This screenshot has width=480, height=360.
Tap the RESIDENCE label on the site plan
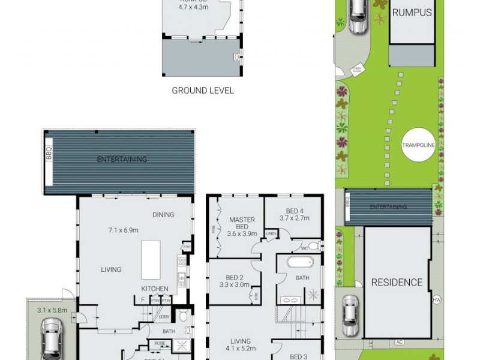coord(396,282)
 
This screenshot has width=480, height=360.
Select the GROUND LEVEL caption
coord(203,91)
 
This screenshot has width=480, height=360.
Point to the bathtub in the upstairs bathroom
coord(298,263)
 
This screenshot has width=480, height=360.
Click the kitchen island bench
coord(151,260)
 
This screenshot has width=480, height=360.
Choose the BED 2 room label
coord(234,277)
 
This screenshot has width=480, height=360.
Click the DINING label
coord(163,215)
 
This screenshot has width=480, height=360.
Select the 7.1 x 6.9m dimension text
coord(124,230)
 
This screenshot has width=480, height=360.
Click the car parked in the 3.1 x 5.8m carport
coord(51,338)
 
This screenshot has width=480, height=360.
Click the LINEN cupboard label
coord(271,233)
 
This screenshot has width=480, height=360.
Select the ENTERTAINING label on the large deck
coord(122,159)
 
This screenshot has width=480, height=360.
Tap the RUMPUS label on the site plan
coord(412,12)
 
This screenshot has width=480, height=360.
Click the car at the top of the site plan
coord(358,14)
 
